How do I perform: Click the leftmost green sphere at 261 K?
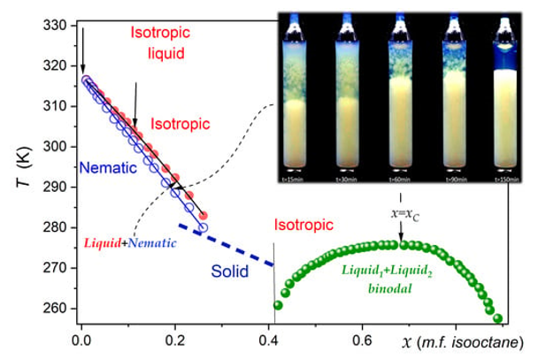[x=278, y=306]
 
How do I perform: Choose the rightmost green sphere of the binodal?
[x=498, y=318]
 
